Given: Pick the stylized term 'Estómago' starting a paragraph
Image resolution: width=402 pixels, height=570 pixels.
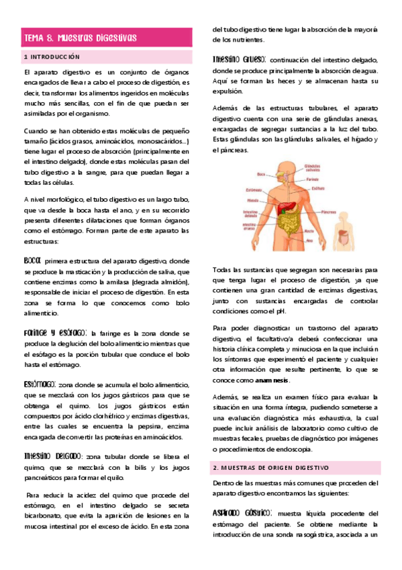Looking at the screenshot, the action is pos(39,384).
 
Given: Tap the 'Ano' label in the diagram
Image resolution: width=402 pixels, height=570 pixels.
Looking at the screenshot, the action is pos(309,239).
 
